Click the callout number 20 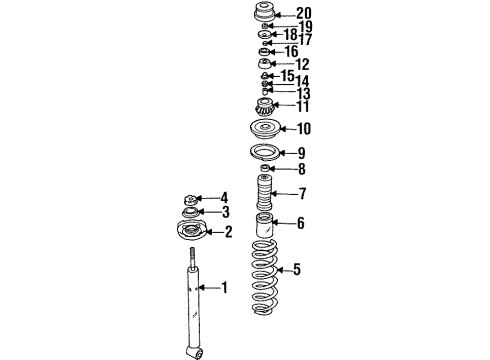[304, 13]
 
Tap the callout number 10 [304, 129]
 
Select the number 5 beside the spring [297, 269]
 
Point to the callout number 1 [225, 287]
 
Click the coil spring [264, 277]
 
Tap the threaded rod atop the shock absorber [192, 257]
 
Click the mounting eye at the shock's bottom [194, 352]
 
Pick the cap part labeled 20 [264, 13]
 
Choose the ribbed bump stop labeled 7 [264, 193]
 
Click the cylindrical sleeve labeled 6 [264, 225]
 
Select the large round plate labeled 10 [265, 129]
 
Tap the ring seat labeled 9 [265, 153]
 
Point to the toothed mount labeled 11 [264, 107]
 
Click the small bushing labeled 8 [264, 168]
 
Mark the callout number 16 [291, 52]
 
